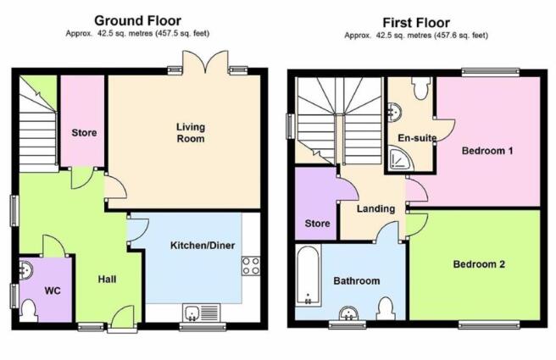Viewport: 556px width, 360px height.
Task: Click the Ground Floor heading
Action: [x=137, y=21]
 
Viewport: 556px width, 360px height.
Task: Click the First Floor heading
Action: [x=416, y=23]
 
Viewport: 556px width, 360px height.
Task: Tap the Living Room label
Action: [x=191, y=132]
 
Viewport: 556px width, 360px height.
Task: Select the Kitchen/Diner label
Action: [x=203, y=245]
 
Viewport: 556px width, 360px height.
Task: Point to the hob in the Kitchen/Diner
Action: [x=251, y=266]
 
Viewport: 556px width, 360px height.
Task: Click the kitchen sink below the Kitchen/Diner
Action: [x=202, y=313]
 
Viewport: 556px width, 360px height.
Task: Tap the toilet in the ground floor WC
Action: [x=28, y=310]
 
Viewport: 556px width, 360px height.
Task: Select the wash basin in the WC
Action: [x=26, y=271]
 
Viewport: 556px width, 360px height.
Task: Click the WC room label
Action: [x=53, y=291]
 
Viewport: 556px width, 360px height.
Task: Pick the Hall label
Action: [x=107, y=280]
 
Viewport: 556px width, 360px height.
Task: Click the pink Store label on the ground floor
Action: [x=84, y=133]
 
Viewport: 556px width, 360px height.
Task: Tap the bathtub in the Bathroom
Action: [x=309, y=275]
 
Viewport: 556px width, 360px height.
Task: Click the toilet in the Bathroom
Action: [x=386, y=309]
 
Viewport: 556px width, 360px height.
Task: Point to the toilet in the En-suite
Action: [x=420, y=88]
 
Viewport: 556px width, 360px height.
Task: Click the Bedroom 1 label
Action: [x=487, y=151]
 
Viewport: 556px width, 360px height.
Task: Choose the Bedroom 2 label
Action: [x=479, y=264]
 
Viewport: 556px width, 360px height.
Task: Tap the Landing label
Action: [x=375, y=208]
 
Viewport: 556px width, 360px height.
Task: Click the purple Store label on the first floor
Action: [x=317, y=224]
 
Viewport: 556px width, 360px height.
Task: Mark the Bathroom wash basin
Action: [x=348, y=313]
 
